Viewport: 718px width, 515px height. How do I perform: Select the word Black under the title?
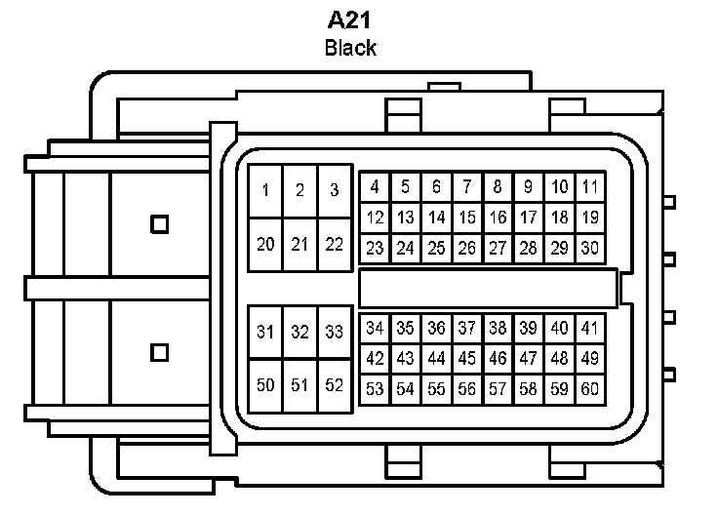pyautogui.click(x=351, y=48)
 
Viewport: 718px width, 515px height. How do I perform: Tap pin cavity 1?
pyautogui.click(x=265, y=190)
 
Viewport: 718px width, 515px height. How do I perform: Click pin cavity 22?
pyautogui.click(x=334, y=244)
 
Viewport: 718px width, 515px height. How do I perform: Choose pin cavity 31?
pyautogui.click(x=265, y=332)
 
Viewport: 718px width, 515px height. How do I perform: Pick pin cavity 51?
pyautogui.click(x=299, y=385)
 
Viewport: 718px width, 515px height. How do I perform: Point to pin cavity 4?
pyautogui.click(x=375, y=186)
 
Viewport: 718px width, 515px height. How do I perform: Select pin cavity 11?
pyautogui.click(x=589, y=186)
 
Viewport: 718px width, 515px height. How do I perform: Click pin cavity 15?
pyautogui.click(x=467, y=218)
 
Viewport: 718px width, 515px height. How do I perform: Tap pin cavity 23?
pyautogui.click(x=375, y=248)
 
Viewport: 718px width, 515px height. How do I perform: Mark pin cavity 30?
pyautogui.click(x=589, y=248)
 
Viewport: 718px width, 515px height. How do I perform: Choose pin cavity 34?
pyautogui.click(x=375, y=328)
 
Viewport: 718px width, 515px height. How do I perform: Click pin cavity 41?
pyautogui.click(x=589, y=328)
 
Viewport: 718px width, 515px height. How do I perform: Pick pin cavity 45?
pyautogui.click(x=467, y=358)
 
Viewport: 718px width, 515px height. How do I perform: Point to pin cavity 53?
pyautogui.click(x=375, y=389)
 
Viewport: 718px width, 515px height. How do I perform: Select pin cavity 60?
pyautogui.click(x=589, y=389)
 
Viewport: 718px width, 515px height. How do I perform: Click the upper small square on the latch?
pyautogui.click(x=160, y=223)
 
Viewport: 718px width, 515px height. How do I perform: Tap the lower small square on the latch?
pyautogui.click(x=160, y=351)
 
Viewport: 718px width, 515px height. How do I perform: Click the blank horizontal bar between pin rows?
pyautogui.click(x=488, y=288)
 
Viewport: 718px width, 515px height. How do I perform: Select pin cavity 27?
pyautogui.click(x=498, y=248)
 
